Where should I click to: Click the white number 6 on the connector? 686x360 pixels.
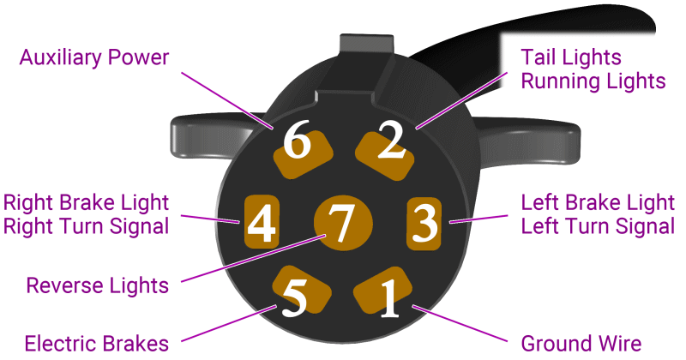[297, 140]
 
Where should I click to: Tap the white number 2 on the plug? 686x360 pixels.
[392, 140]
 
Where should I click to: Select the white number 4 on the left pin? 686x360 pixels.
[262, 223]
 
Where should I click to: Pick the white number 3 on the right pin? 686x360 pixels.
[424, 223]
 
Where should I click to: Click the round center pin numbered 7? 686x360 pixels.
[344, 224]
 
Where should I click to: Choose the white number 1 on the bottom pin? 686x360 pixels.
[389, 298]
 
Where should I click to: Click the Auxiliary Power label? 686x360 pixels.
[94, 57]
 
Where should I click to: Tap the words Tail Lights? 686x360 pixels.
[571, 57]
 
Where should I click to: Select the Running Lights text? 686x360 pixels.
[593, 81]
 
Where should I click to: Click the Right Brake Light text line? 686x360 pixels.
[87, 202]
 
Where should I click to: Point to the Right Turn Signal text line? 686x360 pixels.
[87, 226]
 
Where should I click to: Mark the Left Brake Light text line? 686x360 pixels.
[598, 202]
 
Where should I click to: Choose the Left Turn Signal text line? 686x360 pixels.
[598, 226]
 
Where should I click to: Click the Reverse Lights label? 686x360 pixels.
[97, 285]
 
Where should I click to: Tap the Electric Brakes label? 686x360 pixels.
[97, 344]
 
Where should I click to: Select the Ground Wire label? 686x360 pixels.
[581, 344]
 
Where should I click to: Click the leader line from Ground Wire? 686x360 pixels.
[460, 323]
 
